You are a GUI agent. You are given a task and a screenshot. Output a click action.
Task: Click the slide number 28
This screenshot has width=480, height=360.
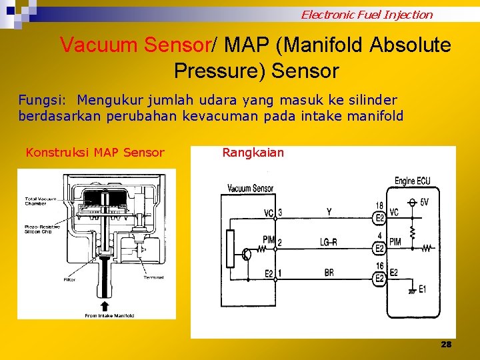tap(446, 344)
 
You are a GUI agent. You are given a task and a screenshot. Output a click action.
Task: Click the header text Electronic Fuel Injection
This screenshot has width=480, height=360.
tap(366, 14)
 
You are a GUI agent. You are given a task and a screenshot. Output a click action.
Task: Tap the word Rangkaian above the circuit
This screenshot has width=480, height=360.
tap(253, 153)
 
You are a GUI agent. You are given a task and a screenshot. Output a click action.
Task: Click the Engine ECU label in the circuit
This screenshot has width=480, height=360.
tap(413, 181)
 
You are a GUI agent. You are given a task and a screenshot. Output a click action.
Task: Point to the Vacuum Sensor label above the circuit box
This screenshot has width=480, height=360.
tap(250, 189)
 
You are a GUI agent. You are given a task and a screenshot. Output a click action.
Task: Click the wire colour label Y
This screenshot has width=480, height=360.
tap(329, 213)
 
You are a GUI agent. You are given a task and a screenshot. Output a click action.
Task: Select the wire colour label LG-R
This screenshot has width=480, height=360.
tap(329, 242)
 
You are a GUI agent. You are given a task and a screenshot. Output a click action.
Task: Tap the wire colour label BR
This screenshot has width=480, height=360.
tap(329, 272)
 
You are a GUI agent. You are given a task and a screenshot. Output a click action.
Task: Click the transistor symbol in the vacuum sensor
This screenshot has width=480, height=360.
tap(247, 254)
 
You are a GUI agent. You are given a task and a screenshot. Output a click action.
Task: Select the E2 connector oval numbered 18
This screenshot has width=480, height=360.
tap(379, 217)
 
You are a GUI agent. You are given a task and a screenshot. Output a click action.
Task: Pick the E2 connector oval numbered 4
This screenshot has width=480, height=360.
tap(379, 247)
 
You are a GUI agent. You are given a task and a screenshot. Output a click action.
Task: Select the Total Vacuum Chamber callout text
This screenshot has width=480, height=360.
tap(41, 201)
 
